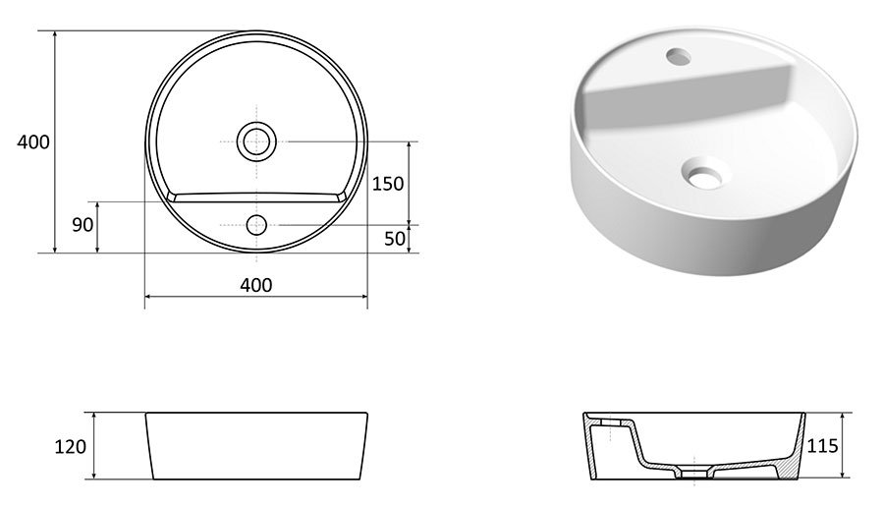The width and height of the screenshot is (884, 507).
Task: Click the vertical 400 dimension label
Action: click(33, 142)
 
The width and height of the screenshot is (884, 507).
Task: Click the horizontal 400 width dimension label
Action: click(255, 285)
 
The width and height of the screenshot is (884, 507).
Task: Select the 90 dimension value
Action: click(83, 225)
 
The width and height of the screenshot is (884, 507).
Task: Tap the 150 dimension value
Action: click(389, 184)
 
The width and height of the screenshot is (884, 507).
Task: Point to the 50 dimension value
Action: click(394, 238)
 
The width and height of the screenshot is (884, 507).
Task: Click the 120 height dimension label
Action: click(71, 446)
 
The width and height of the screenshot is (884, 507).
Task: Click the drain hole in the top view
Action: click(256, 141)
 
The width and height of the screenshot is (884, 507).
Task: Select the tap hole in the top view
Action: click(256, 225)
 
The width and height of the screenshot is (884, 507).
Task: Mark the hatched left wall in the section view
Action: click(593, 447)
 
